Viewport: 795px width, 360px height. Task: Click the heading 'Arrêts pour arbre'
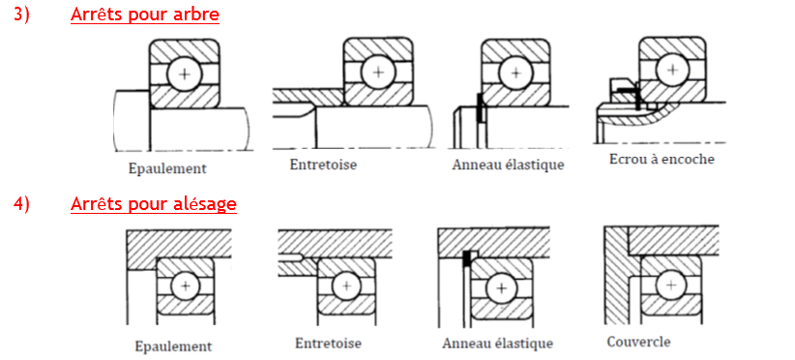pos(145,15)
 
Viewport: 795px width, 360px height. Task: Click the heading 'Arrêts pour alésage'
pos(154,204)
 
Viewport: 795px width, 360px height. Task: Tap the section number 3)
pos(22,15)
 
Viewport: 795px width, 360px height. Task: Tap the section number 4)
pos(22,204)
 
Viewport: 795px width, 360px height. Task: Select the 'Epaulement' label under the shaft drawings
pos(167,168)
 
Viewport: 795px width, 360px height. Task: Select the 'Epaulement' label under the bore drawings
pos(173,346)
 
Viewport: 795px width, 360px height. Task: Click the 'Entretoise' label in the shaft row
pos(323,165)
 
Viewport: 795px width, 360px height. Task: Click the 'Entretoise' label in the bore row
pos(329,344)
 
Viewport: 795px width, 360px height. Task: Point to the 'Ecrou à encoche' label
pos(662,159)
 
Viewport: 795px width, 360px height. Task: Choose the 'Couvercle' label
pos(638,342)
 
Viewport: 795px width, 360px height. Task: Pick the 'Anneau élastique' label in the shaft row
pos(508,165)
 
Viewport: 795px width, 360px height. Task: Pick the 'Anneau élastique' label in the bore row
pos(497,344)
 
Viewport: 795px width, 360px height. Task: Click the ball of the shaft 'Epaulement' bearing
pos(185,74)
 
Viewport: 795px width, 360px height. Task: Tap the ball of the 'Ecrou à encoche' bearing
pos(673,69)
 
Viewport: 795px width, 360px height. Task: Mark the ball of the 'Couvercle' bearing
pos(672,285)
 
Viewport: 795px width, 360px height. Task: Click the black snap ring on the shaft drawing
pos(478,107)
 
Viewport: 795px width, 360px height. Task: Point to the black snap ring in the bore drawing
pos(466,258)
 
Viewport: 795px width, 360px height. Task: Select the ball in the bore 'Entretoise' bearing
pos(347,286)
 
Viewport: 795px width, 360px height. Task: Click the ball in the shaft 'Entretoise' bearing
pos(378,72)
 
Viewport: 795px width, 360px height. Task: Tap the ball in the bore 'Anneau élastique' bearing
pos(502,288)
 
